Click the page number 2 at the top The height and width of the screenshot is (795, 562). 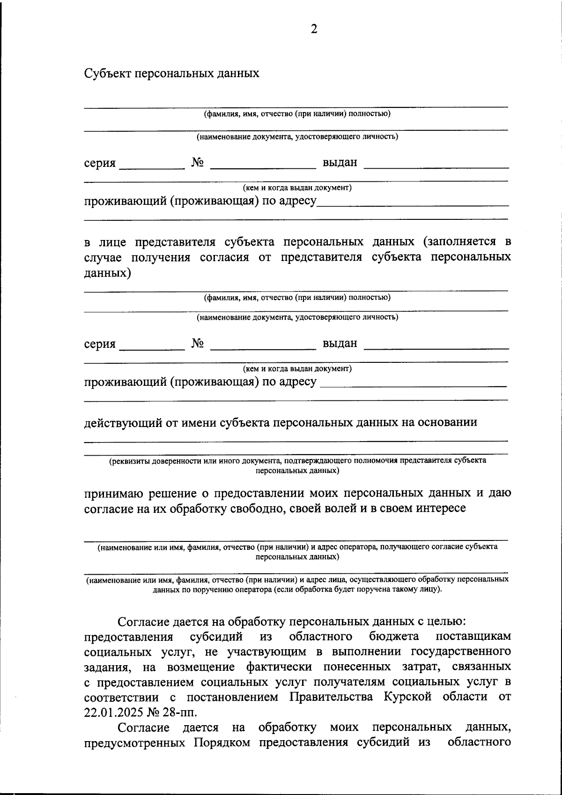pos(314,30)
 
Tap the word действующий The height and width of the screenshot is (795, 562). pos(124,423)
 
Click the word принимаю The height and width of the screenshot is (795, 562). pos(113,493)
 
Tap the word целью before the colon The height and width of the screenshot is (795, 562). pos(445,622)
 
